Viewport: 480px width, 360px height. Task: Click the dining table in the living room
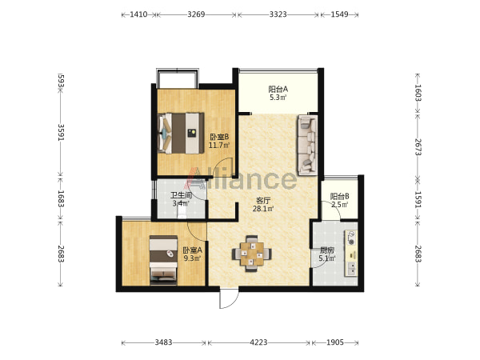(x=252, y=254)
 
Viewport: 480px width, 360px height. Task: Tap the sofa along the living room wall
(x=307, y=145)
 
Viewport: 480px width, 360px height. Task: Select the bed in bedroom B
(x=181, y=133)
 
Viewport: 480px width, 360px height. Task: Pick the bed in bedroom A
(x=163, y=260)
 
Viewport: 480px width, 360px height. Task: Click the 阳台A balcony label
(x=278, y=89)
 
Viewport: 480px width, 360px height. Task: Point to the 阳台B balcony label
(x=339, y=196)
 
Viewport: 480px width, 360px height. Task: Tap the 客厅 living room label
(x=263, y=201)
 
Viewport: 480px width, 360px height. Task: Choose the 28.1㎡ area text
(x=263, y=209)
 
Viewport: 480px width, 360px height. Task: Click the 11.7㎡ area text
(x=219, y=145)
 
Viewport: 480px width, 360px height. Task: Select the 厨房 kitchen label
(x=327, y=250)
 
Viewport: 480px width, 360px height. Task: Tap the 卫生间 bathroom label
(x=182, y=195)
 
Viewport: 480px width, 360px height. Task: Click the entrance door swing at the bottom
(x=229, y=298)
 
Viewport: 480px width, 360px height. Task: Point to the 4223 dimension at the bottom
(x=258, y=342)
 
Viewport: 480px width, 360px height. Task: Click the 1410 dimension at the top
(x=138, y=14)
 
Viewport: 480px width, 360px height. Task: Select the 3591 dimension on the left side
(x=61, y=132)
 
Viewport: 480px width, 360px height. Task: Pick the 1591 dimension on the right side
(x=418, y=199)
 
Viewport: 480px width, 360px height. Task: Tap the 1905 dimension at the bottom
(x=335, y=342)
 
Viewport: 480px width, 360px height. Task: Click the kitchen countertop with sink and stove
(x=351, y=253)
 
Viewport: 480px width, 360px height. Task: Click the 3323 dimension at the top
(x=278, y=14)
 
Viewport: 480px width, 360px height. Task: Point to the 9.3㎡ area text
(x=192, y=258)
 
